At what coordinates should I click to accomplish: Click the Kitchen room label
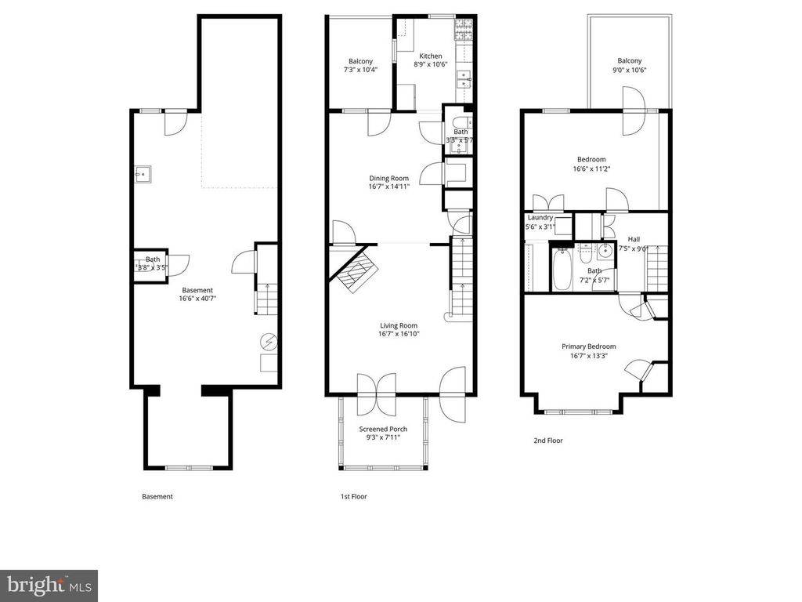click(431, 56)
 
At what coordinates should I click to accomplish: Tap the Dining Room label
click(389, 179)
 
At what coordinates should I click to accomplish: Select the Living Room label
click(399, 326)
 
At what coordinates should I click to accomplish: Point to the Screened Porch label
click(383, 429)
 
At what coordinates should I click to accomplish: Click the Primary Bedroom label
click(588, 346)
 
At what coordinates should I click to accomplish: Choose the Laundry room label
click(540, 218)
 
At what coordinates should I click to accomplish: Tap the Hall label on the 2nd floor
click(634, 240)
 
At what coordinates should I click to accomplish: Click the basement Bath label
click(152, 259)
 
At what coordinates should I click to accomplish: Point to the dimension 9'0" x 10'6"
click(629, 70)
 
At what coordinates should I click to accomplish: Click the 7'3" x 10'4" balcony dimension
click(360, 70)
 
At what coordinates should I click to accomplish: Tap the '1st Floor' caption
click(353, 496)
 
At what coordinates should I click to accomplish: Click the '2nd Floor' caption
click(548, 441)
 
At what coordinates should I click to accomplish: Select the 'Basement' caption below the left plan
click(157, 496)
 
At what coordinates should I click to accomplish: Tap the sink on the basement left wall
click(143, 173)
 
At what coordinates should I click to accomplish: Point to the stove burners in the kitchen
click(461, 31)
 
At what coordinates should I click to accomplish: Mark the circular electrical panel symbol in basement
click(269, 342)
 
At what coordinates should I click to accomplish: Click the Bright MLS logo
click(49, 585)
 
